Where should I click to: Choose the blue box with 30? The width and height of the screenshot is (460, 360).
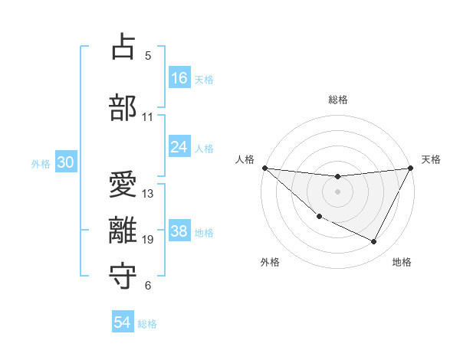point(66,163)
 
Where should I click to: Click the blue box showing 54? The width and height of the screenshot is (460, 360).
point(123,323)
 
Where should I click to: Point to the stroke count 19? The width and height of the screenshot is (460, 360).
point(148,240)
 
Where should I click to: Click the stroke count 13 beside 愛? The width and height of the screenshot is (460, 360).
point(148,194)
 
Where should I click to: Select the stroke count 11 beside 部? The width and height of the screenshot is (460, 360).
point(148,117)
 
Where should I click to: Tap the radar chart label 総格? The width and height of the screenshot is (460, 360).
point(338,100)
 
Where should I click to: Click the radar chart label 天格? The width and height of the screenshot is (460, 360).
point(432,159)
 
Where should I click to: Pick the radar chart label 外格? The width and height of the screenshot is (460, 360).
point(270,262)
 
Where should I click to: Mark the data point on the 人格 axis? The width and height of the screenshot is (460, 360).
point(264,168)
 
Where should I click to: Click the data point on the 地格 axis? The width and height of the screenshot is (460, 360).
point(374,242)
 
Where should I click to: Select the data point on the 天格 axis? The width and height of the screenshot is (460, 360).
point(412,168)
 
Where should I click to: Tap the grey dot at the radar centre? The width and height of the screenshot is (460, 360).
point(338,191)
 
